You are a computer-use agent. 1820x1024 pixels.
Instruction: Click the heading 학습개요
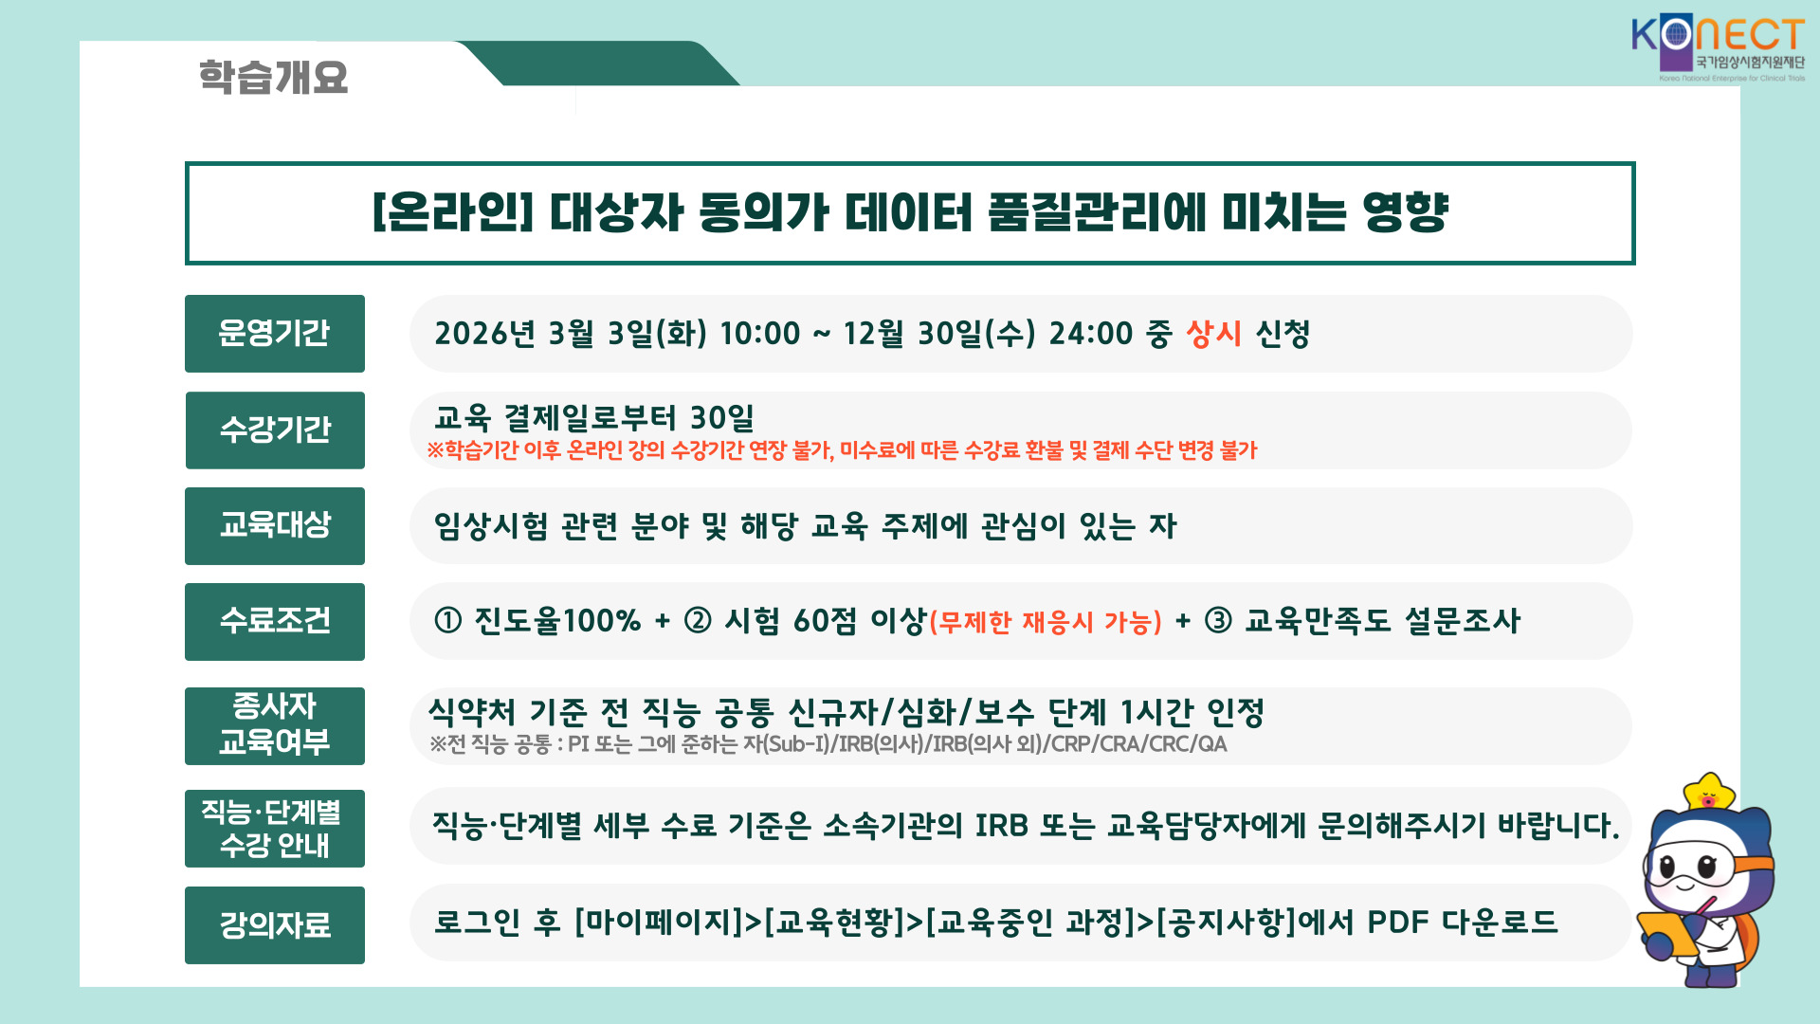[273, 77]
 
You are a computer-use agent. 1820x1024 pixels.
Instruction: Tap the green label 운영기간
[275, 334]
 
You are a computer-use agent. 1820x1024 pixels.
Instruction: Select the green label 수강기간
[275, 430]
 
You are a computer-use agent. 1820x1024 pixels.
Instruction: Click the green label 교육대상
[275, 526]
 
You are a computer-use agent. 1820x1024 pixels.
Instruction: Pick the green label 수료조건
[275, 622]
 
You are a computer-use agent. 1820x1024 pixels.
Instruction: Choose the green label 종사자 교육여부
[275, 726]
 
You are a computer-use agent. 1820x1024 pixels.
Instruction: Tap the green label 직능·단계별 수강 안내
[275, 829]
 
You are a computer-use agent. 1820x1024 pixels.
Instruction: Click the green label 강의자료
[275, 925]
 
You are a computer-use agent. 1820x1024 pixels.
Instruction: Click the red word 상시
[1213, 334]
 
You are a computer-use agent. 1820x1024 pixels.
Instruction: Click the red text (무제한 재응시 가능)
[1046, 623]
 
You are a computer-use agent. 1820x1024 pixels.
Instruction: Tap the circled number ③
[1218, 621]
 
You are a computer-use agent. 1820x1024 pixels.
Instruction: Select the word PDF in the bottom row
[1397, 922]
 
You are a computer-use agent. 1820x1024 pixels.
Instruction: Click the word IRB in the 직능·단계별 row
[1001, 826]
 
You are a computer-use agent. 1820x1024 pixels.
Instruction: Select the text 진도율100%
[557, 621]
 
